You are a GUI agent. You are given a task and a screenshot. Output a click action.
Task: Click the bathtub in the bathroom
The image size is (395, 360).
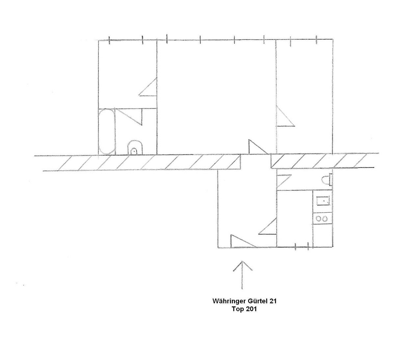107,132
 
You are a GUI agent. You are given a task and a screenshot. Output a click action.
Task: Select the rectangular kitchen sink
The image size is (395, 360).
323,200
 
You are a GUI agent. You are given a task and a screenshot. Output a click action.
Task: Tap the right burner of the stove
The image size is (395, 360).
326,218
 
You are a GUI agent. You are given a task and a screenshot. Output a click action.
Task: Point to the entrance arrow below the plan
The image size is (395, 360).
243,275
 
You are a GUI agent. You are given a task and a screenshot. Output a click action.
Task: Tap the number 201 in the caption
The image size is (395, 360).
249,309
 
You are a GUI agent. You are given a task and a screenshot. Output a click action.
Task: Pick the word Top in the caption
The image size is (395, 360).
236,309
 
